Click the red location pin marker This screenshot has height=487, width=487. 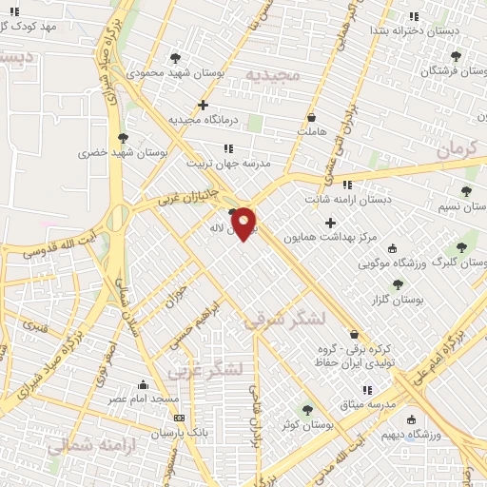pyautogui.click(x=243, y=223)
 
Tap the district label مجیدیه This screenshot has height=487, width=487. pyautogui.click(x=272, y=73)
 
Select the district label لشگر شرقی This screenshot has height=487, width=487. pyautogui.click(x=283, y=319)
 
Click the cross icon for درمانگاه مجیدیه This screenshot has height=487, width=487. pyautogui.click(x=203, y=105)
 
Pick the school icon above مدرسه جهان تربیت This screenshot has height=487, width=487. pyautogui.click(x=228, y=148)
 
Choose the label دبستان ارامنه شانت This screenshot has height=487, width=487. pyautogui.click(x=348, y=200)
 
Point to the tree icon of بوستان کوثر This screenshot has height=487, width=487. pyautogui.click(x=307, y=409)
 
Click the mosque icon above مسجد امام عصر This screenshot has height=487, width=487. pyautogui.click(x=143, y=384)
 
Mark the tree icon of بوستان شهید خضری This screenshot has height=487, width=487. pyautogui.click(x=123, y=137)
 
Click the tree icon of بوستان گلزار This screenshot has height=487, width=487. pyautogui.click(x=398, y=284)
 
